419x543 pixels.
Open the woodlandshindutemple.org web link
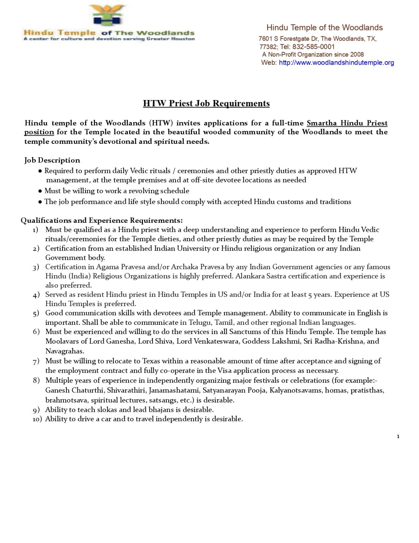pyautogui.click(x=336, y=63)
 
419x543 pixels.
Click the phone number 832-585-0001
pyautogui.click(x=313, y=47)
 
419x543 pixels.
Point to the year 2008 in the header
pyautogui.click(x=357, y=54)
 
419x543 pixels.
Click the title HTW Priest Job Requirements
pyautogui.click(x=206, y=103)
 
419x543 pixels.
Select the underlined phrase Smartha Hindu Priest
pyautogui.click(x=347, y=123)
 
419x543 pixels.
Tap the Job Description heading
pyautogui.click(x=52, y=160)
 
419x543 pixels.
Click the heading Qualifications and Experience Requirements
pyautogui.click(x=102, y=220)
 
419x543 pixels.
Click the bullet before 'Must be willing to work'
pyautogui.click(x=40, y=191)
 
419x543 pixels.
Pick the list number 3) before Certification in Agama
pyautogui.click(x=36, y=267)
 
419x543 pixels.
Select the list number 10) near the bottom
pyautogui.click(x=37, y=419)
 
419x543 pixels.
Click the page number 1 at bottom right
pyautogui.click(x=398, y=437)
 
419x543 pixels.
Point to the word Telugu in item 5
pyautogui.click(x=200, y=322)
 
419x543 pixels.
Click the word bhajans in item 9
pyautogui.click(x=161, y=410)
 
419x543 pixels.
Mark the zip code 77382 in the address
pyautogui.click(x=268, y=47)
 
